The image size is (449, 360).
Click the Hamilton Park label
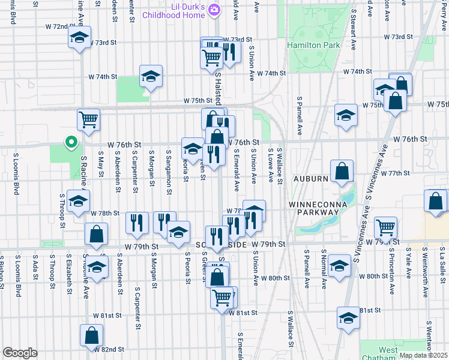(x=313, y=46)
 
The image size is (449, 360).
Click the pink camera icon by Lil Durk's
(x=217, y=8)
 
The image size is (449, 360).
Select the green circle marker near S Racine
(x=71, y=143)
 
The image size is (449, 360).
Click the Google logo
(x=20, y=353)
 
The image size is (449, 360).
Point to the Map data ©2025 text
(x=423, y=355)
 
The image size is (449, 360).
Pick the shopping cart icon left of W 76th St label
(x=88, y=119)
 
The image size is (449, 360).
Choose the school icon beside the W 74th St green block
(x=151, y=76)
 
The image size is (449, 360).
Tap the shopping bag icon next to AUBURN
(x=342, y=170)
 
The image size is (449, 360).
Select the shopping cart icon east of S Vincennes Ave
(x=385, y=227)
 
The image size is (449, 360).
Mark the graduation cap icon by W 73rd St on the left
(x=79, y=37)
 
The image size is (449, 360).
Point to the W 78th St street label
(x=104, y=213)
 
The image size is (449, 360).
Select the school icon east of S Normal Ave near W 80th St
(x=339, y=266)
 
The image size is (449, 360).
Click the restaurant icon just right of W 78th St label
(x=137, y=223)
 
